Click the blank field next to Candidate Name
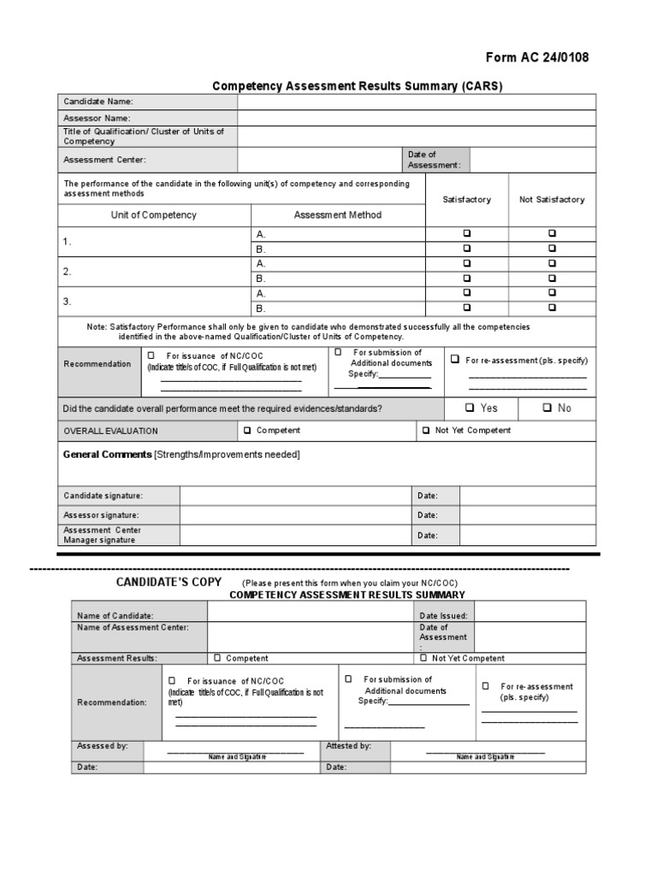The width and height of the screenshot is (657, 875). [x=416, y=102]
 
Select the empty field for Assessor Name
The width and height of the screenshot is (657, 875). [x=416, y=118]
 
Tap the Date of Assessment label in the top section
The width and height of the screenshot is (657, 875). [x=435, y=160]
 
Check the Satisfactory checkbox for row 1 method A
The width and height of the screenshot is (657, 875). [x=467, y=233]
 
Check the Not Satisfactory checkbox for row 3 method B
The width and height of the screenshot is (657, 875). [x=552, y=308]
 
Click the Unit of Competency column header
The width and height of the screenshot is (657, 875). [x=154, y=215]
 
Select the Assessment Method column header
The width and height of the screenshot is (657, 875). [x=338, y=215]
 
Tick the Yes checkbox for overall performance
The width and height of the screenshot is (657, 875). [x=470, y=408]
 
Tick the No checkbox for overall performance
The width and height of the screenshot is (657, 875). [x=547, y=408]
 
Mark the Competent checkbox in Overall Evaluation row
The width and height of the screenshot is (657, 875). [x=248, y=431]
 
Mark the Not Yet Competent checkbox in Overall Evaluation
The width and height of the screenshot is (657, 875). [x=426, y=431]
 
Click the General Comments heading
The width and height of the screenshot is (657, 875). [x=108, y=455]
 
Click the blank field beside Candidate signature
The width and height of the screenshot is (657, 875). [x=295, y=496]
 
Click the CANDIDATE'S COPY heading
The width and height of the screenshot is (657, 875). [x=169, y=582]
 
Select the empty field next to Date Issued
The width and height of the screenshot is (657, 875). [x=530, y=615]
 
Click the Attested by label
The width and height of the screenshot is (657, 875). [x=349, y=746]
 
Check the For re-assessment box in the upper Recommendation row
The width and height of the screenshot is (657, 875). [x=455, y=360]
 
